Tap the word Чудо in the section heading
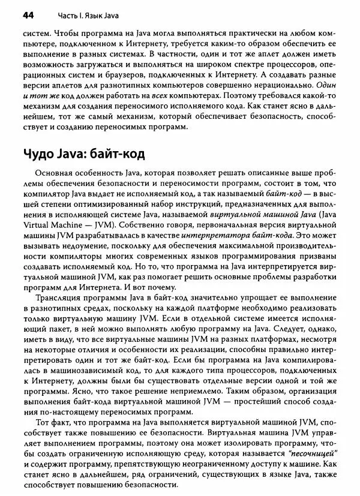[37, 154]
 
